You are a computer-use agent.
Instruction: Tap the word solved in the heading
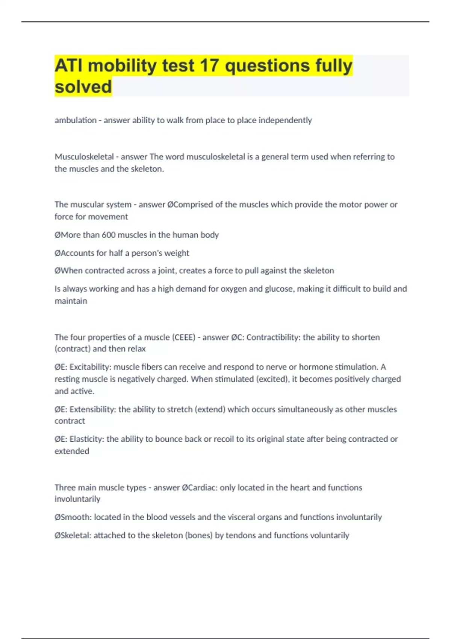pyautogui.click(x=83, y=87)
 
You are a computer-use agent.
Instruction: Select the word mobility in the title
pyautogui.click(x=123, y=65)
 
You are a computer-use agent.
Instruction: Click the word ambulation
pyautogui.click(x=76, y=120)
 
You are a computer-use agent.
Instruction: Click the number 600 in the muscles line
pyautogui.click(x=109, y=235)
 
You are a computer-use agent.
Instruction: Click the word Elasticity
pyautogui.click(x=87, y=439)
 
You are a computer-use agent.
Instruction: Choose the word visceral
pyautogui.click(x=241, y=517)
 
